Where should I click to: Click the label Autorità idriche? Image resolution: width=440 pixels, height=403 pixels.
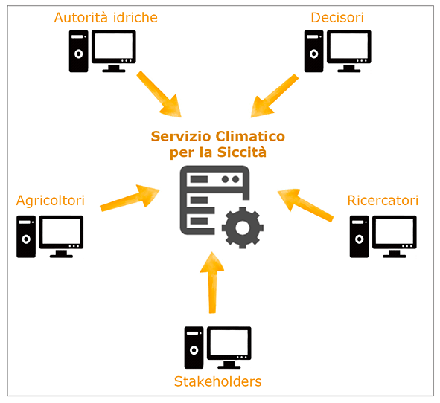[106, 18]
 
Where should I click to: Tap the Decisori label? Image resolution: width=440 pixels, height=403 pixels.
[337, 18]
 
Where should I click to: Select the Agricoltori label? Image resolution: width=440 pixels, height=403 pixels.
[51, 201]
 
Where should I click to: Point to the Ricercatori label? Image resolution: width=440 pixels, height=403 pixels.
[383, 201]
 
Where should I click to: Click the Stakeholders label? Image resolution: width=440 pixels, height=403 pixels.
[217, 381]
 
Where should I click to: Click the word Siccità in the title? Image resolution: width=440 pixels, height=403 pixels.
[242, 152]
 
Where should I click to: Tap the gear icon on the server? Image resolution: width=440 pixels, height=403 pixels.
[243, 228]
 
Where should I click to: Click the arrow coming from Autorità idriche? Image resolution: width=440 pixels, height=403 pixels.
[159, 94]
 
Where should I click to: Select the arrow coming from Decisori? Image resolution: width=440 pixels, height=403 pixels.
[275, 96]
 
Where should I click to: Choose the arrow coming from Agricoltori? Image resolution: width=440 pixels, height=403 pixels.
[130, 197]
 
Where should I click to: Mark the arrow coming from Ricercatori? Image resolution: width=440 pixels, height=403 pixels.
[305, 204]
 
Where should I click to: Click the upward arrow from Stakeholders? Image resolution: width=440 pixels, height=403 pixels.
[212, 283]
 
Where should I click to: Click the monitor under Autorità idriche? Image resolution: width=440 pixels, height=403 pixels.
[114, 51]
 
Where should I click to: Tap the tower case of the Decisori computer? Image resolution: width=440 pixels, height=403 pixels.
[313, 51]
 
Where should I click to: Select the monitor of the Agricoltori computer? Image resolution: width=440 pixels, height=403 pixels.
[61, 236]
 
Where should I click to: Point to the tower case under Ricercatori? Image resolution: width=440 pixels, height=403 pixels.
[359, 236]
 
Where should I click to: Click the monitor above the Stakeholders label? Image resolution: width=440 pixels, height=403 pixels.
[229, 347]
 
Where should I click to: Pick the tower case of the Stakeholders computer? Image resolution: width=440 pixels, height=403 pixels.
[194, 347]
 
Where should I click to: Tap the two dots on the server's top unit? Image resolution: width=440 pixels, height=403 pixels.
[230, 179]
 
